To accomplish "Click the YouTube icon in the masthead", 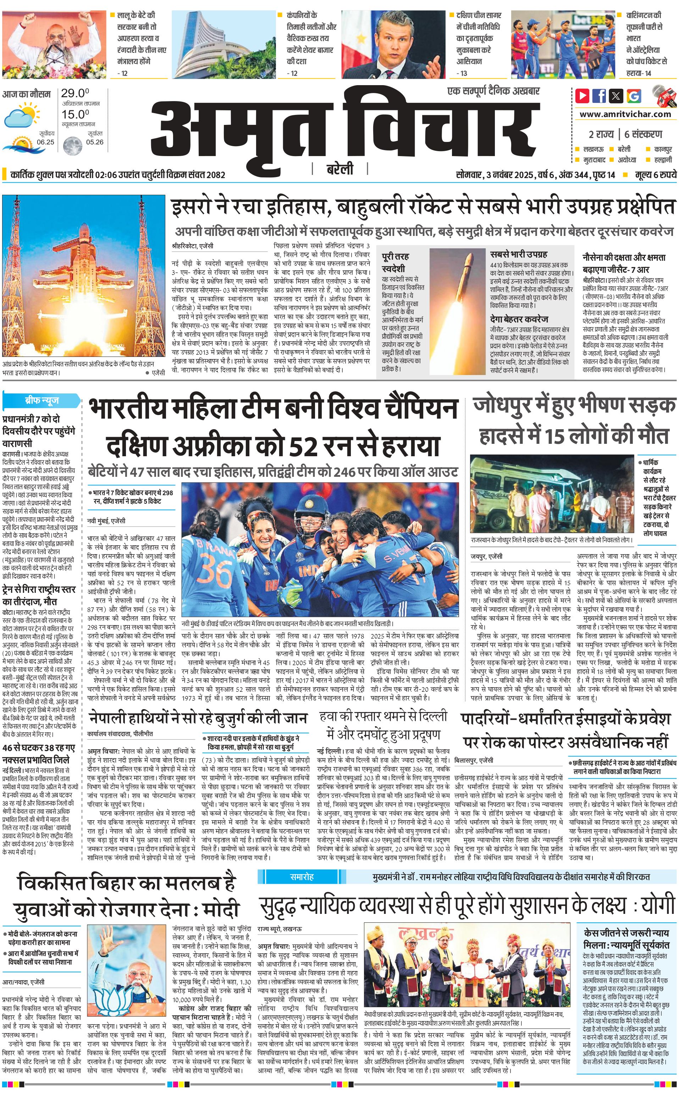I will [x=583, y=96].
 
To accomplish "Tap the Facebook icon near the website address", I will [x=599, y=96].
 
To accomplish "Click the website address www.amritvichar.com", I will [x=625, y=114].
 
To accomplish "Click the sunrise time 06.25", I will [x=45, y=142].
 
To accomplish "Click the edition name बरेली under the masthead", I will [x=340, y=169].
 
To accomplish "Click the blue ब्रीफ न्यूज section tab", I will [x=42, y=400].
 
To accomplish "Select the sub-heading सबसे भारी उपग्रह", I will [x=518, y=254].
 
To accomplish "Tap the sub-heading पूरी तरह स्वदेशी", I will [x=395, y=262].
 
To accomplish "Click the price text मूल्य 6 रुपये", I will [x=656, y=175].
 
